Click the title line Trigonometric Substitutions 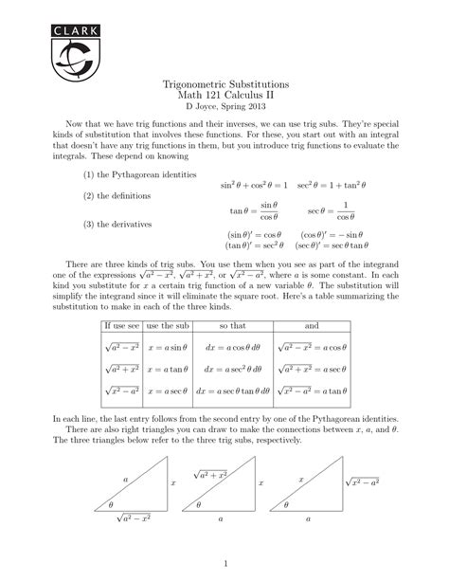point(224,85)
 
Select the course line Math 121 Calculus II point(224,98)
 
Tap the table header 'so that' point(231,325)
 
